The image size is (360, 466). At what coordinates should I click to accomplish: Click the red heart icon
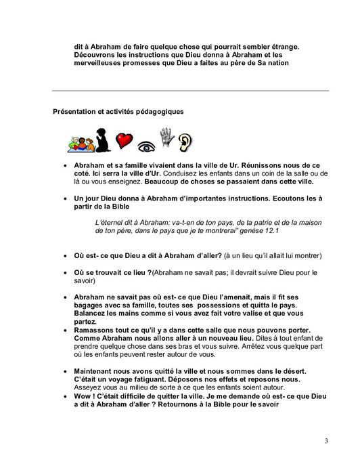(x=123, y=140)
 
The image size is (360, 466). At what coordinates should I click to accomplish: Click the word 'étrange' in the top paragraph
(x=282, y=46)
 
